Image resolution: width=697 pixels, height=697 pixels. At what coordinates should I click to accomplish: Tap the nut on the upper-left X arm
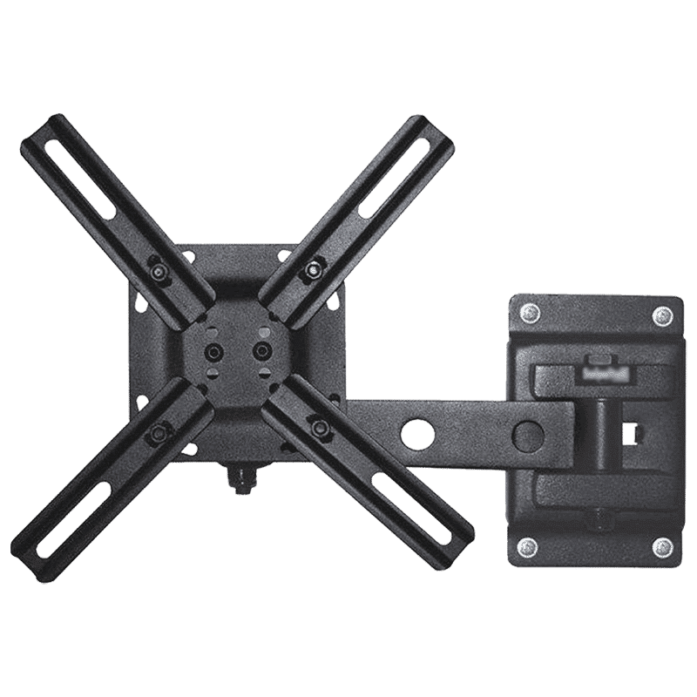pos(159,273)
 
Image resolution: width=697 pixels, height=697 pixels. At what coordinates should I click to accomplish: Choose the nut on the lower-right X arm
pos(318,427)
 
